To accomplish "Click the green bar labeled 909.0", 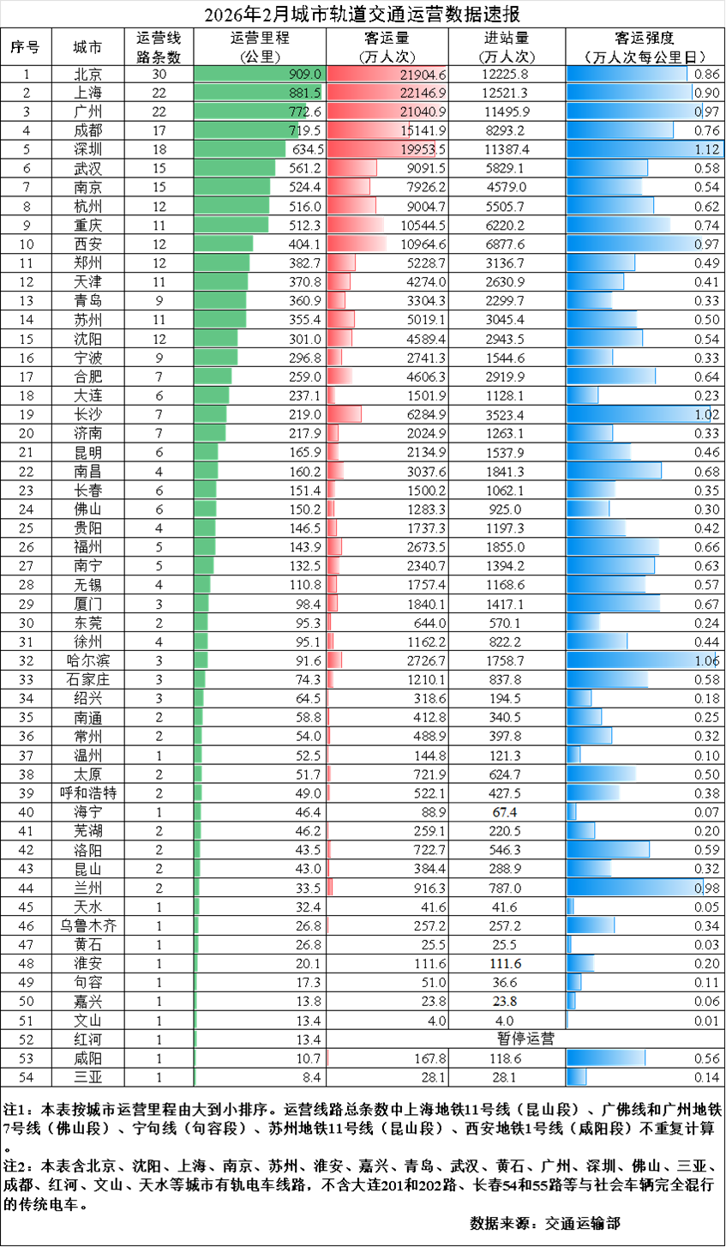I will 257,75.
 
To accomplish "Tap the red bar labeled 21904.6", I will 386,75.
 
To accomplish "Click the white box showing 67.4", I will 506,812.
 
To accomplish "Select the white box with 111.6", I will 506,964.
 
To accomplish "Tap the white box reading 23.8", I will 506,1002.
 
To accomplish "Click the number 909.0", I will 305,75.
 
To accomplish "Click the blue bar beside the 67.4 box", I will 572,812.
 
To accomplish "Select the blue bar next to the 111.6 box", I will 580,964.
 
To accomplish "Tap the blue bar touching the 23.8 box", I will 571,1002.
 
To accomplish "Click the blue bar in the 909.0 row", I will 627,75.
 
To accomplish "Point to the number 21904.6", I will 423,75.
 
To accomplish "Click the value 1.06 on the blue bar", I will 705,660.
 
